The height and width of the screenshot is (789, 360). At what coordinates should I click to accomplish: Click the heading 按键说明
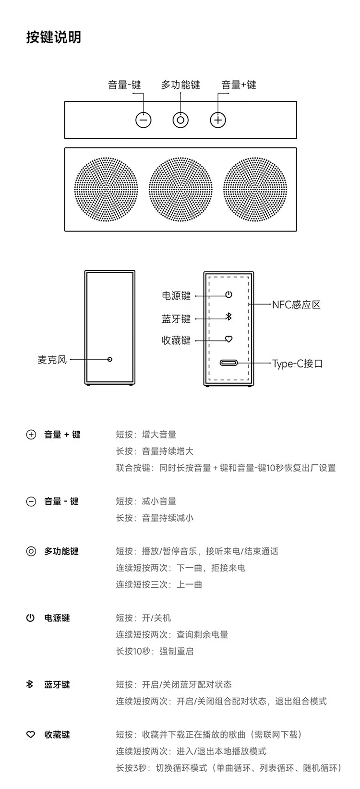[54, 37]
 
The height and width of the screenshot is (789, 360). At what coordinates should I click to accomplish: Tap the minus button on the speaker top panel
[143, 120]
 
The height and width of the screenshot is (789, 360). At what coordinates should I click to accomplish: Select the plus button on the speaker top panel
[218, 120]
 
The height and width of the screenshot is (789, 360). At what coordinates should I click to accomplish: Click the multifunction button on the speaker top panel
[180, 120]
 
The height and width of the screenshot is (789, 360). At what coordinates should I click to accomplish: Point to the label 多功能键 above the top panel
[180, 85]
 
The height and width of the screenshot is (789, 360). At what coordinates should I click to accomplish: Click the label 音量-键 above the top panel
[124, 85]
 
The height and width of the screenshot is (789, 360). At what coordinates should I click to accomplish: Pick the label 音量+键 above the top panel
[239, 85]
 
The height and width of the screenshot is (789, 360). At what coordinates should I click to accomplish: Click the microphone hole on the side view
[110, 359]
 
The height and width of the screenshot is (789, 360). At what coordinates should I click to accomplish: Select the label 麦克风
[52, 359]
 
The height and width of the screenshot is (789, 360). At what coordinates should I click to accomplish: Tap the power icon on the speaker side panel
[228, 294]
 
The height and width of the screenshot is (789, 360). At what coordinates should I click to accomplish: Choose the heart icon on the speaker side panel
[229, 339]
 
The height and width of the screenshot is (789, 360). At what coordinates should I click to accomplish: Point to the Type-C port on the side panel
[229, 363]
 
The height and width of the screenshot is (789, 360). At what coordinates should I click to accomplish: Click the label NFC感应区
[296, 304]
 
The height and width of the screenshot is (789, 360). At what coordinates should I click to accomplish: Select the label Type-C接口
[298, 364]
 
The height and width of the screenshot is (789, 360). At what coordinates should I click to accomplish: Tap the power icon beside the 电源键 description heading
[31, 618]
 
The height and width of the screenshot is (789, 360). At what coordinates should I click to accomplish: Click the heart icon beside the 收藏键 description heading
[31, 735]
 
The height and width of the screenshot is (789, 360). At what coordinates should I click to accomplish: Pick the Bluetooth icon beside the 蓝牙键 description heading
[30, 685]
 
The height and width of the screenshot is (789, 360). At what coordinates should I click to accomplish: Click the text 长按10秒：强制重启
[155, 651]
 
